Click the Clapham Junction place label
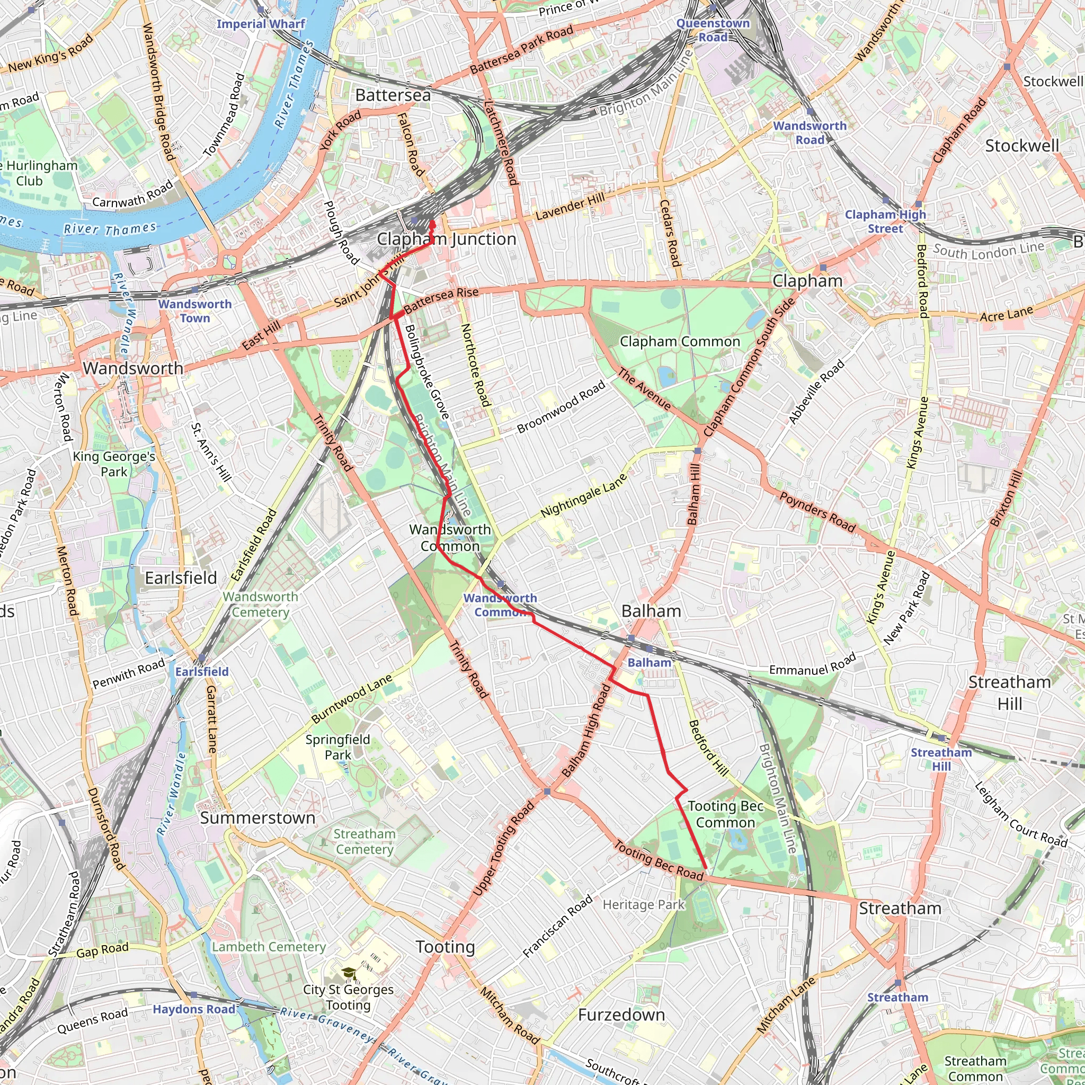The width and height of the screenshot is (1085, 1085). (x=447, y=239)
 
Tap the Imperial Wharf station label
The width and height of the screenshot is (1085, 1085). (x=261, y=24)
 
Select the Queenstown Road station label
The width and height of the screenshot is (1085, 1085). (x=713, y=30)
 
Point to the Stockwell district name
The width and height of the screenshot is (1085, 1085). (x=1021, y=146)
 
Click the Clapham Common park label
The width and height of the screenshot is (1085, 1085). (x=680, y=342)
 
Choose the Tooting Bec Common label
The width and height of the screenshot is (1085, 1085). (x=725, y=814)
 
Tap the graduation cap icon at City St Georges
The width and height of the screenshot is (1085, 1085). (x=349, y=972)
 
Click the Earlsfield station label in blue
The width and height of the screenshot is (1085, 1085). (x=202, y=672)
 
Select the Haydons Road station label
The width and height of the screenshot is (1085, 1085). (x=194, y=1009)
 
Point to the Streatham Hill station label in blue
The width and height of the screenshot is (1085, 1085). (x=941, y=759)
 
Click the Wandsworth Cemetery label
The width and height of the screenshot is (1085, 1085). (x=261, y=604)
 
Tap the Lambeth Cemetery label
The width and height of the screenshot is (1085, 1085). (x=269, y=947)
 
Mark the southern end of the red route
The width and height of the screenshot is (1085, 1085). (x=705, y=869)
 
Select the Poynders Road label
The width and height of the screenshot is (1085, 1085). (x=817, y=512)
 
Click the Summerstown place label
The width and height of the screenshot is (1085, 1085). (x=258, y=817)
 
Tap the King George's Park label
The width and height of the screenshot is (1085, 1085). (x=114, y=464)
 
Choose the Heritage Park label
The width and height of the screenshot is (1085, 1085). (x=644, y=905)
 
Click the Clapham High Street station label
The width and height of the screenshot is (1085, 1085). (x=885, y=221)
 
